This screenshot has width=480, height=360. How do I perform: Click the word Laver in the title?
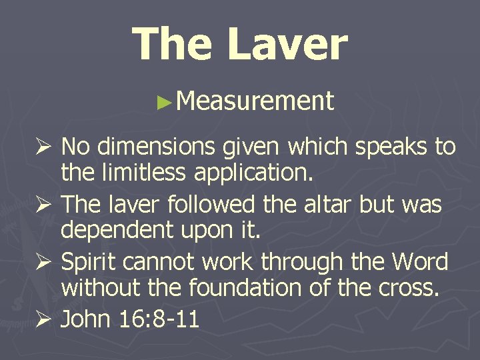[x=287, y=44]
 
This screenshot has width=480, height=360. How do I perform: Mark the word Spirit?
[x=91, y=262]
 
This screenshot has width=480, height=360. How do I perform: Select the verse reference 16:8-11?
[x=161, y=319]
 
